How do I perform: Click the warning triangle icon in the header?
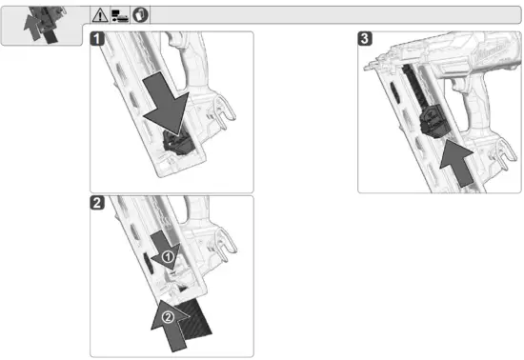click(100, 15)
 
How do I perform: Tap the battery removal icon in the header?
click(120, 15)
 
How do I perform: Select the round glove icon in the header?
click(140, 15)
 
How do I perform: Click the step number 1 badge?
click(97, 39)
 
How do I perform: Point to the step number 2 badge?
click(97, 203)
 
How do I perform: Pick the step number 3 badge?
click(365, 39)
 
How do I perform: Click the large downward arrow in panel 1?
click(166, 104)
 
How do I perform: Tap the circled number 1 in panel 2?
click(168, 257)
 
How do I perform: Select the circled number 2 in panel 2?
click(168, 316)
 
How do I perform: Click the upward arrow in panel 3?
click(456, 164)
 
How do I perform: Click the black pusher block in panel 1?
click(178, 144)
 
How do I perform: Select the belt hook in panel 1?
click(225, 110)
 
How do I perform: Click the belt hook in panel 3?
click(504, 153)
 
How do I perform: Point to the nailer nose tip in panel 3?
click(367, 68)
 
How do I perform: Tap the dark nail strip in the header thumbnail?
click(50, 36)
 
